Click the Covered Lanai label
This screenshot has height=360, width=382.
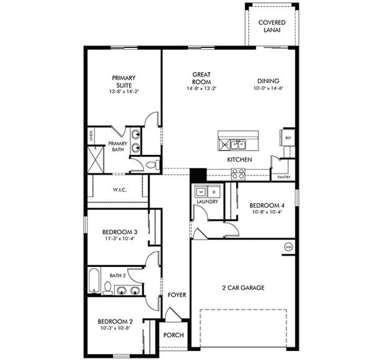tap(272, 26)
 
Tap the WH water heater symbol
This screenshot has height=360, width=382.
tap(288, 246)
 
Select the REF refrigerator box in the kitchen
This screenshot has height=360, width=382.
tap(288, 137)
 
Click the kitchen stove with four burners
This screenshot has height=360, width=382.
tap(238, 174)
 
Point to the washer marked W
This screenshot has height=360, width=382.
tap(201, 192)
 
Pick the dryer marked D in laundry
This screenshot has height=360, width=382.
tap(214, 192)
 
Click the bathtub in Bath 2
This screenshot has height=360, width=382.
tap(94, 282)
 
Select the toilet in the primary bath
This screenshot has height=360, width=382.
tap(152, 163)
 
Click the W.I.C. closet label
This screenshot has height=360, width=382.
tap(119, 190)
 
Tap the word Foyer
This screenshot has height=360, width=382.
tap(177, 295)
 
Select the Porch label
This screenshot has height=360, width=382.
tap(174, 335)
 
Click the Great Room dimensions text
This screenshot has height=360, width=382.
tap(201, 89)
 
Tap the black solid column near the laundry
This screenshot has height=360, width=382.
tap(198, 175)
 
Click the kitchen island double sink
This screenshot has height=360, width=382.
tap(239, 145)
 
